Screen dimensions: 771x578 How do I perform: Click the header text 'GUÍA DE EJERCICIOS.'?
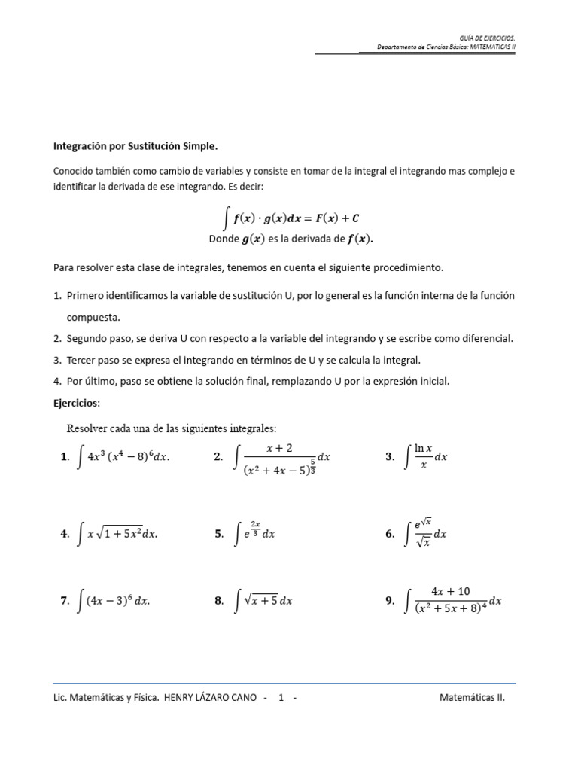coord(487,37)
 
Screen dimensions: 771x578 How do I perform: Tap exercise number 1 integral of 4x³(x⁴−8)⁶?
coord(123,457)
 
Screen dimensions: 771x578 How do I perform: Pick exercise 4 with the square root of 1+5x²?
coord(118,534)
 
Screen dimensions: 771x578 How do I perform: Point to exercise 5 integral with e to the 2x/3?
coord(255,533)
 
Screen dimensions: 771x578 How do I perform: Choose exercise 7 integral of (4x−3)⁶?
coord(114,601)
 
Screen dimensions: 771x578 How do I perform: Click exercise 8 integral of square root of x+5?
coord(263,601)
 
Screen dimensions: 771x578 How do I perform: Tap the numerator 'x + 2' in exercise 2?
coord(279,448)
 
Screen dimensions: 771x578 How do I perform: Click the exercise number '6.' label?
coord(389,534)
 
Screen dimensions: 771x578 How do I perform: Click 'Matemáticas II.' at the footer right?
coord(472,697)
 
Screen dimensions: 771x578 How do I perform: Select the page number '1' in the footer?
coord(281,697)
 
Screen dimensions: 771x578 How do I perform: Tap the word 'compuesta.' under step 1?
coord(93,317)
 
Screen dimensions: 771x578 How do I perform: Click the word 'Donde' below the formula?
coord(224,239)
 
